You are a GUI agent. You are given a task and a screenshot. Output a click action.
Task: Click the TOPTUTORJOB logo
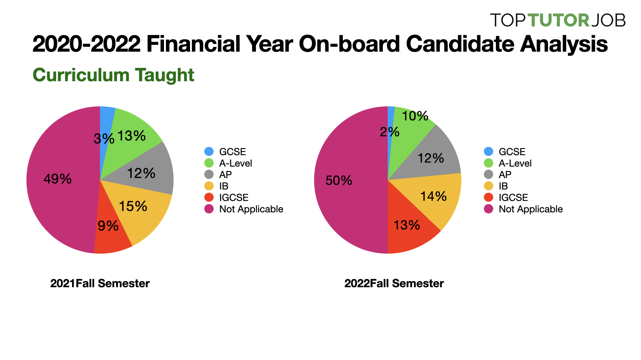tap(558, 20)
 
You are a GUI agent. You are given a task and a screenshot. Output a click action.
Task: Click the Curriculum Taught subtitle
tap(113, 75)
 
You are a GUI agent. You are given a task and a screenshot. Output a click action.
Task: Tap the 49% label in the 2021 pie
tap(57, 179)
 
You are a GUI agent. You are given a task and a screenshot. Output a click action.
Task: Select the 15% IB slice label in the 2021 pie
tap(133, 206)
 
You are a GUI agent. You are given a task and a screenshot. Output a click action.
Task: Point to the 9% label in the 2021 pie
tap(108, 226)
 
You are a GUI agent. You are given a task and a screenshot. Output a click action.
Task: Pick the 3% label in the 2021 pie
tap(104, 139)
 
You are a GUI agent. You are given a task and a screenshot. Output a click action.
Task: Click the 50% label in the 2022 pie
tap(339, 181)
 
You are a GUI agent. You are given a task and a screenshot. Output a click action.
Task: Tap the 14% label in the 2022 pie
tap(434, 197)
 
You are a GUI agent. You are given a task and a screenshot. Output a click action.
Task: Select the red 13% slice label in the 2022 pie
tap(407, 225)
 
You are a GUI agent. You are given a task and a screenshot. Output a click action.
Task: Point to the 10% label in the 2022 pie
tap(415, 116)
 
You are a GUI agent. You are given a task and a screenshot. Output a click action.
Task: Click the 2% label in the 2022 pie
tap(390, 132)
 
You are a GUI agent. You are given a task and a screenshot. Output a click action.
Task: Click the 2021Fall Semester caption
tap(100, 283)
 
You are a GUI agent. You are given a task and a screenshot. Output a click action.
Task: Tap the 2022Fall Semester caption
tap(394, 283)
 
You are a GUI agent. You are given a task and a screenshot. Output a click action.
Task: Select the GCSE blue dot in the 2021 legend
tap(209, 151)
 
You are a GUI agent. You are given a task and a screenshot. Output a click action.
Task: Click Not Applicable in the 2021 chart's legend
tap(251, 209)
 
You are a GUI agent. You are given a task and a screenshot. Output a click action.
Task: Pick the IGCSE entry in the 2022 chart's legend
tap(513, 198)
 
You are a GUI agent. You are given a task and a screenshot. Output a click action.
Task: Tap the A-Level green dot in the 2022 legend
tap(488, 163)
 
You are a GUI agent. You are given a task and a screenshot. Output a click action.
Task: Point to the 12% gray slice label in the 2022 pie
tap(431, 159)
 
